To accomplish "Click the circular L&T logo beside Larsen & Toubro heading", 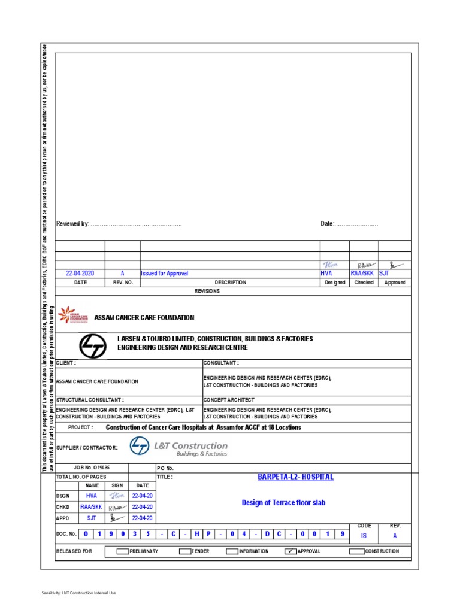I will pyautogui.click(x=93, y=346).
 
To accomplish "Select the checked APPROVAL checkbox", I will pyautogui.click(x=290, y=551).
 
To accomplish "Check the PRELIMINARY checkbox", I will pyautogui.click(x=122, y=551).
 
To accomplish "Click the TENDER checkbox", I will pyautogui.click(x=185, y=551).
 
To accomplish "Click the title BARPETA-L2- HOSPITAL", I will pyautogui.click(x=295, y=477).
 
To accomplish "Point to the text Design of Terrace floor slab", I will pyautogui.click(x=283, y=503).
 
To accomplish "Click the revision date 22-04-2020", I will pyautogui.click(x=80, y=273).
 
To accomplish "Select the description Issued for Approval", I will pyautogui.click(x=164, y=273).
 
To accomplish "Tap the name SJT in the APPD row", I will pyautogui.click(x=92, y=518).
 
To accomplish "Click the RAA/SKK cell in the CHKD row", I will pyautogui.click(x=92, y=506).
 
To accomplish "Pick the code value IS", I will pyautogui.click(x=363, y=536).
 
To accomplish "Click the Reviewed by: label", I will pyautogui.click(x=72, y=224).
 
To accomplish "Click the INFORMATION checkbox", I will pyautogui.click(x=232, y=551).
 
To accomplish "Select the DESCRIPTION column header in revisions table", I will pyautogui.click(x=230, y=283).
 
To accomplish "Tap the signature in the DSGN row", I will pyautogui.click(x=116, y=496).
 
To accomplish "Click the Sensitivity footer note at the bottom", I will pyautogui.click(x=78, y=593).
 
